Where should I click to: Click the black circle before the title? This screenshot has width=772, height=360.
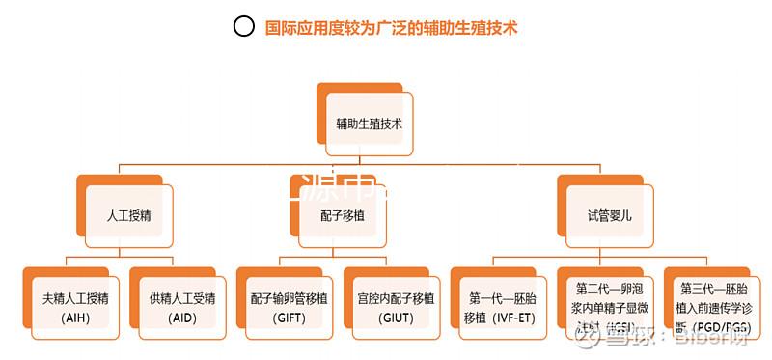[x=245, y=27]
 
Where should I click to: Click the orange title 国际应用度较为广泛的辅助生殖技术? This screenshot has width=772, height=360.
[x=391, y=28]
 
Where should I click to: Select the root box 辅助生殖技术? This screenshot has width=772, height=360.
[x=369, y=125]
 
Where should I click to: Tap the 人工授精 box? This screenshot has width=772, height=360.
[x=129, y=215]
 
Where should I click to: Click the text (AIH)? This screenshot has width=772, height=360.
[x=74, y=318]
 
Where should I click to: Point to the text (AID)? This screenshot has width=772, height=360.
[x=182, y=318]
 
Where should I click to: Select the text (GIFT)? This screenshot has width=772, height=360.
[x=289, y=318]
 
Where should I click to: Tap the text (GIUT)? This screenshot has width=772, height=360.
[x=396, y=318]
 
